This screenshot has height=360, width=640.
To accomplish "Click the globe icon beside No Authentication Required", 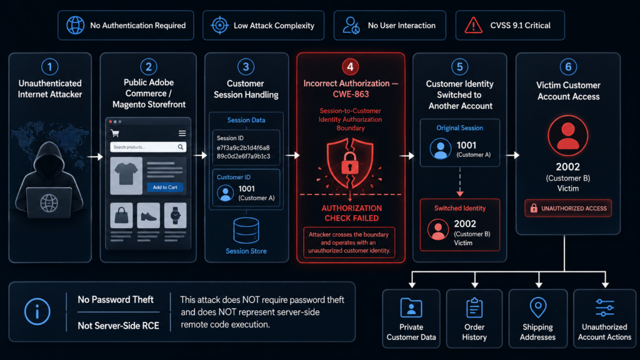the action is coord(76,25).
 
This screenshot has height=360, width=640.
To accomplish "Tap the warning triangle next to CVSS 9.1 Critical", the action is coord(474,25).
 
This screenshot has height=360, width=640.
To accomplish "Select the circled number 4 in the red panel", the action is coord(350,66).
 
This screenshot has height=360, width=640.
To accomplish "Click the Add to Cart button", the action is coord(165,187).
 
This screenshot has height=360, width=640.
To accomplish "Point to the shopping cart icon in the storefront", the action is coord(115,133).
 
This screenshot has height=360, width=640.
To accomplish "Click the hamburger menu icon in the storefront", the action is coord(182,133).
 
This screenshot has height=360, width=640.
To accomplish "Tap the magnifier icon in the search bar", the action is coord(181,147).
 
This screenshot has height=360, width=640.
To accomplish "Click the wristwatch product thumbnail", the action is coord(176,215).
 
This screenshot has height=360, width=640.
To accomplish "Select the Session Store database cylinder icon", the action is coord(246,231).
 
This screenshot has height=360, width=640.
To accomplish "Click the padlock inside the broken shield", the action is coord(350,163).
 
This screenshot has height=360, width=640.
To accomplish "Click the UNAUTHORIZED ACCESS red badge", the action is coord(568,208).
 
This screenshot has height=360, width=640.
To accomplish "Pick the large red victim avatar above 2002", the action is coord(567,136).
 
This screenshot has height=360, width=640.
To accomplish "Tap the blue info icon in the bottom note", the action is coord(37,312).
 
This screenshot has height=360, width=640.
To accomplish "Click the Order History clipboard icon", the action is coord(474,307).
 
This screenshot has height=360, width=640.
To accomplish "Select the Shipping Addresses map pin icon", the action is coord(538,307).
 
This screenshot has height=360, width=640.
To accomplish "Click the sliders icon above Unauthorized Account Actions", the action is coord(604,307).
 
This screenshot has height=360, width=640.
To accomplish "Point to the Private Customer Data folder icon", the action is coord(411,307).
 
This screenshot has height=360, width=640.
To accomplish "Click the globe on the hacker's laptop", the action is coord(49,203).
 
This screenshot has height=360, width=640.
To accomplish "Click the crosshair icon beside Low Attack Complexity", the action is coord(219,25).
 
